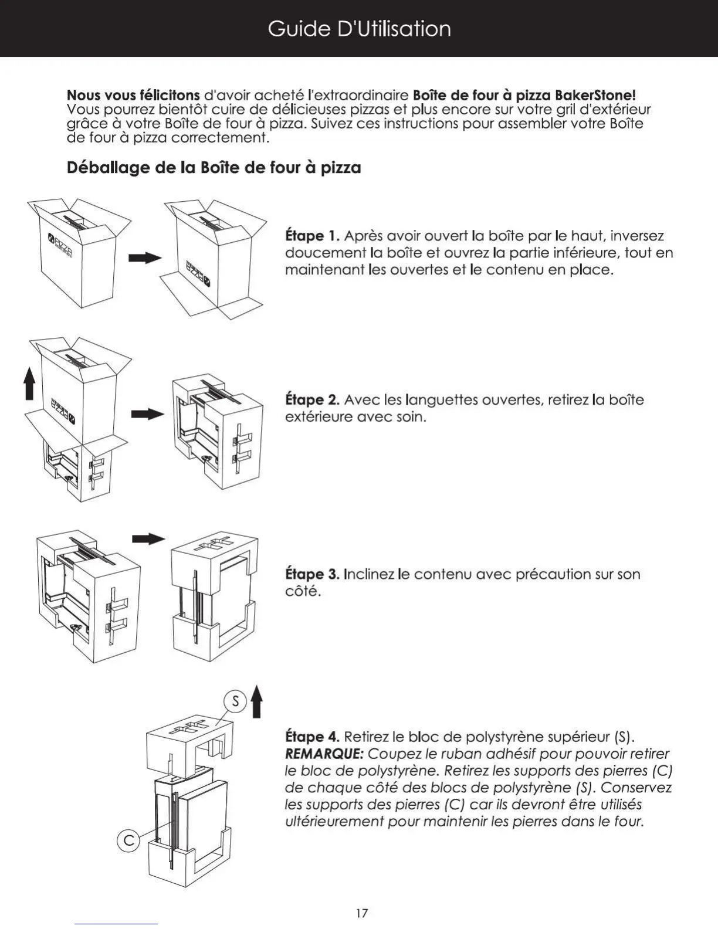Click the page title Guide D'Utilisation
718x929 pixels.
click(359, 29)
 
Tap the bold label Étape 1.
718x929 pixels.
click(312, 236)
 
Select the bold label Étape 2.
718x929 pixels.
click(312, 400)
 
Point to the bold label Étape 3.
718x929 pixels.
click(312, 574)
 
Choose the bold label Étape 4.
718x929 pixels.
click(312, 737)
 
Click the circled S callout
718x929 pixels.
click(235, 701)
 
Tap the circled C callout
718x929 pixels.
click(128, 841)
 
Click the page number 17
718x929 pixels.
click(362, 913)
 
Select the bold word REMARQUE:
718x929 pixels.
click(324, 754)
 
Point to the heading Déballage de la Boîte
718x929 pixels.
click(214, 168)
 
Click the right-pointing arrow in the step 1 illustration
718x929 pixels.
click(144, 258)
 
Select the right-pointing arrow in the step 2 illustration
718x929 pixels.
click(147, 414)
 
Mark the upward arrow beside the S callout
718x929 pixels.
click(256, 702)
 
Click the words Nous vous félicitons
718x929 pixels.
click(133, 95)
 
